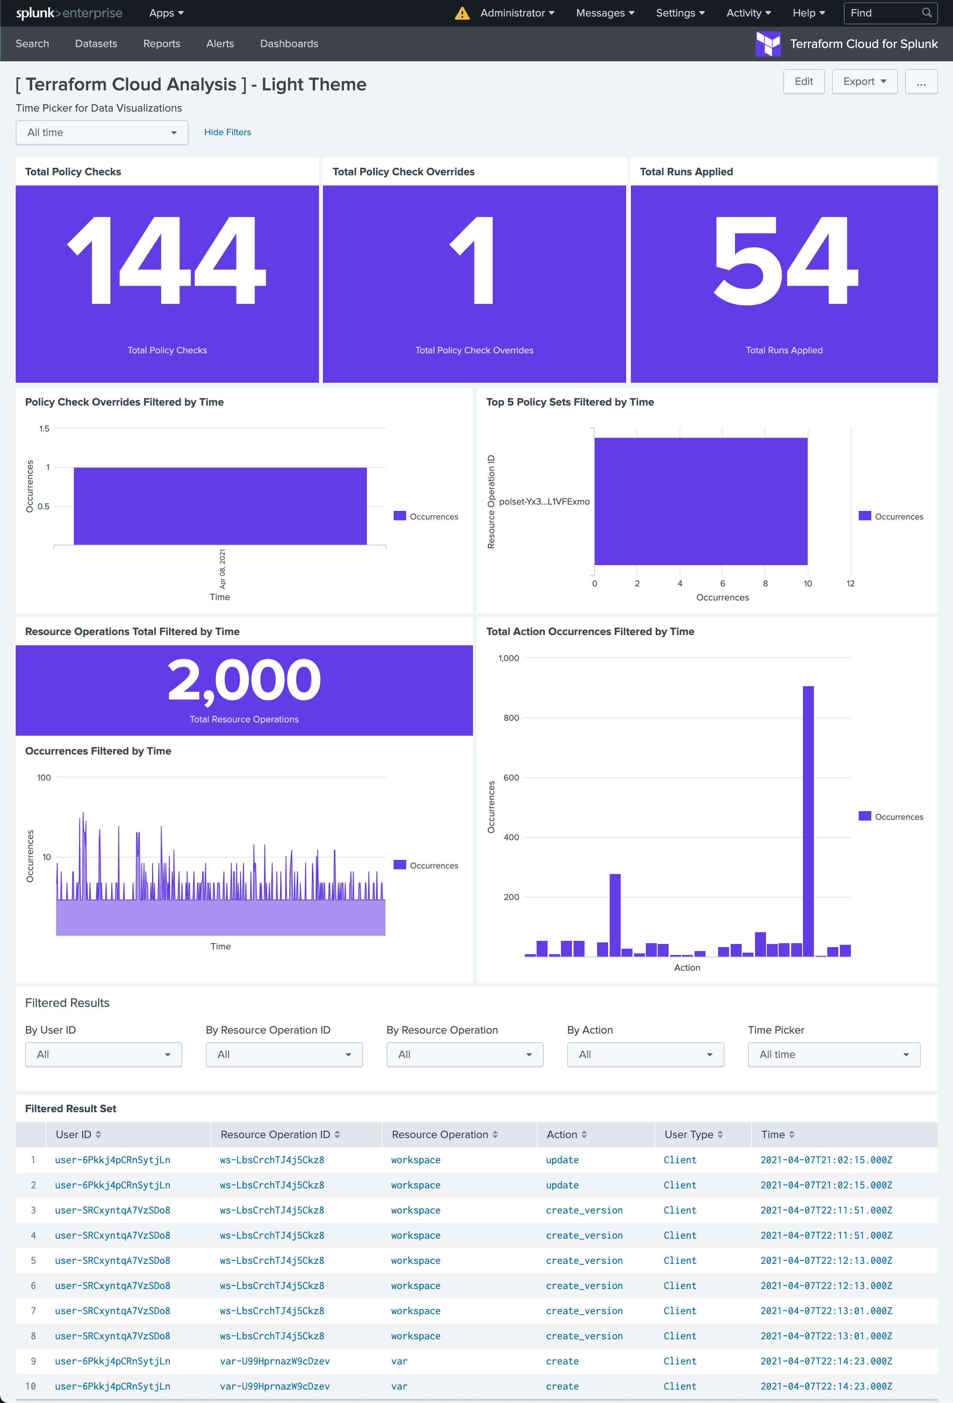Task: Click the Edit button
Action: coord(803,81)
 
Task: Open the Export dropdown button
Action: coord(864,81)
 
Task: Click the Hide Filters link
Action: coord(227,132)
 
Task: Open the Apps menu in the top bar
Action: coord(166,13)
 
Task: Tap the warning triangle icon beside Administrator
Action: coord(462,13)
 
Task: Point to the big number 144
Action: coord(167,261)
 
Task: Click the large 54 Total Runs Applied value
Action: coord(784,261)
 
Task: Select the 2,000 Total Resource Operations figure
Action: coord(244,680)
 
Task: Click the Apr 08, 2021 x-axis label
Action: coord(222,569)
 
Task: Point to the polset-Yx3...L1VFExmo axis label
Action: coord(544,502)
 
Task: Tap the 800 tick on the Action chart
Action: coord(511,718)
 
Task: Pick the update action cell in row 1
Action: coord(562,1160)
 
